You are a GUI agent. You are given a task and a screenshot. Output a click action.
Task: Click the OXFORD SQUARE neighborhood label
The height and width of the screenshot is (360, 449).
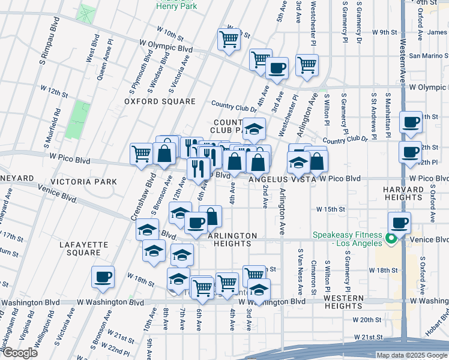pos(160,101)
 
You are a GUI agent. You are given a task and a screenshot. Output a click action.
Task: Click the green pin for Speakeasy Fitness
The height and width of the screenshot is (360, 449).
pos(390,239)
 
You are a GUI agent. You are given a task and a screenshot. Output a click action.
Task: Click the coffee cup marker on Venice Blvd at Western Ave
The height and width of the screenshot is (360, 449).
pos(399,223)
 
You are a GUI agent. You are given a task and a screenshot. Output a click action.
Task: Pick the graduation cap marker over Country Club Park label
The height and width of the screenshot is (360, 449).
pos(255,128)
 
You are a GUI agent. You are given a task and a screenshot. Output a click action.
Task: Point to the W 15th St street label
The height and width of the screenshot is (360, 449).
pos(332,209)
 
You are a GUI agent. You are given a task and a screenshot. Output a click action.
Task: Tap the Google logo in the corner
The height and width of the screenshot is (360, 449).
pos(20,352)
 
